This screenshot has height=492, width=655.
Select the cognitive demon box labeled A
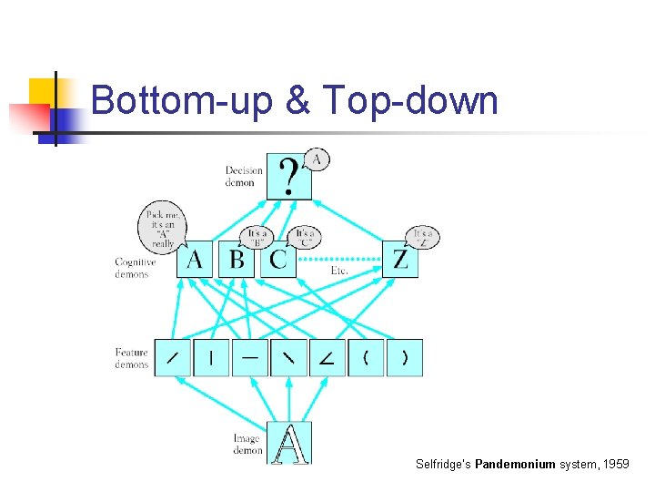coord(195,260)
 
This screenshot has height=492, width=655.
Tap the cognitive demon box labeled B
coord(237,260)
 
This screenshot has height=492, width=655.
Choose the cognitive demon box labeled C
coord(278,260)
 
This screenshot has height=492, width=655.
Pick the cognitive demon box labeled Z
coord(400,260)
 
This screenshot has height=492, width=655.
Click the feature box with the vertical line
coord(211,358)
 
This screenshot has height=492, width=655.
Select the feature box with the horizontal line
coord(250,358)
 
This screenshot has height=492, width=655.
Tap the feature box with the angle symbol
coord(327,358)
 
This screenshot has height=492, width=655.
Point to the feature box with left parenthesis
coord(366,358)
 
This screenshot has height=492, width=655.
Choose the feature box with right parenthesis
coord(405,358)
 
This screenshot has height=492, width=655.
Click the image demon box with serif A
coord(290,443)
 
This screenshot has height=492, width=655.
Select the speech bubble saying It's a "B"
coord(257,237)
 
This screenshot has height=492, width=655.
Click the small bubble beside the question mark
coord(316,159)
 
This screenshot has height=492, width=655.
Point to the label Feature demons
coord(132,358)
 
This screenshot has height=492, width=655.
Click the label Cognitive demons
coord(135,268)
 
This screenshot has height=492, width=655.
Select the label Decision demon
coord(244,176)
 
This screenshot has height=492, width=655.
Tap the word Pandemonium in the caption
coord(515,464)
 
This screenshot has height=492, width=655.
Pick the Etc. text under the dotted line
coord(339,271)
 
